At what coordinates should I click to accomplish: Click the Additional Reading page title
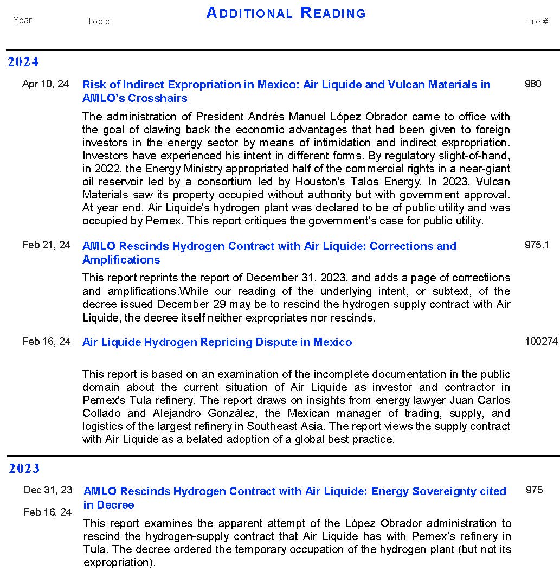(x=286, y=13)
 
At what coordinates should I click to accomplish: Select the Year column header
(x=23, y=20)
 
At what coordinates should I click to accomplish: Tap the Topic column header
(x=98, y=21)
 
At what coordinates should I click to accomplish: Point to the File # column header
(x=537, y=21)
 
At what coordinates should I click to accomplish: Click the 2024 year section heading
(x=23, y=62)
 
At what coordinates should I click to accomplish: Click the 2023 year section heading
(x=24, y=469)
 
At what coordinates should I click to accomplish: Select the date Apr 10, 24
(x=46, y=84)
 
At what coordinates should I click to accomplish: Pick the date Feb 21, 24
(x=47, y=245)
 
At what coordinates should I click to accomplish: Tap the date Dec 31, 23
(x=48, y=490)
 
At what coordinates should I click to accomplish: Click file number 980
(x=533, y=84)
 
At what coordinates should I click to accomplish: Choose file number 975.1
(x=537, y=245)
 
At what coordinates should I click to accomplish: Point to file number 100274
(x=541, y=342)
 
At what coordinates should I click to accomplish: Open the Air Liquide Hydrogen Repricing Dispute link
(x=217, y=342)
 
